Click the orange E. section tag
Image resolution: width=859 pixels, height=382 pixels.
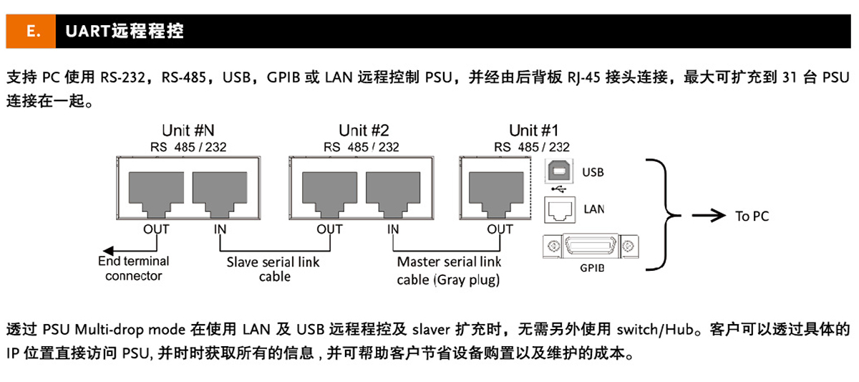tap(31, 32)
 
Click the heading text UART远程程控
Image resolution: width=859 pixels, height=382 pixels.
tap(124, 32)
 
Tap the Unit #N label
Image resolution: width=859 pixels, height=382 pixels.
tap(189, 130)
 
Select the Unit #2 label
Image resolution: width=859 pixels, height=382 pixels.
tap(364, 130)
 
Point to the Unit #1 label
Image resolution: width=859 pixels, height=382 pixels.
tap(533, 130)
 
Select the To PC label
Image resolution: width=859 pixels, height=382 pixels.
tap(752, 216)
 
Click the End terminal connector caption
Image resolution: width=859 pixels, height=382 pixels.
tap(134, 268)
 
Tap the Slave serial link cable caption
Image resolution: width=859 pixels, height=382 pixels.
tap(273, 269)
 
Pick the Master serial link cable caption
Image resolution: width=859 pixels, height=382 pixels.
tap(450, 270)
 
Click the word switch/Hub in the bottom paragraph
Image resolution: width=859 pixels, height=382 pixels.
tap(660, 330)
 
